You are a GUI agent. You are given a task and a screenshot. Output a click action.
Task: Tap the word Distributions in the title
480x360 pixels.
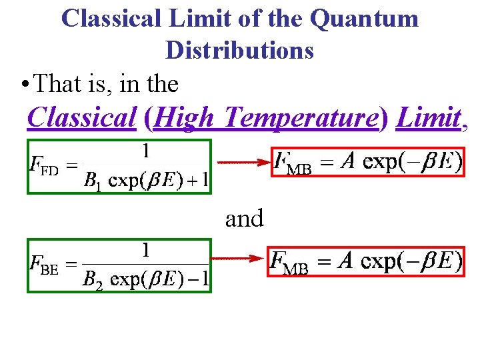239,50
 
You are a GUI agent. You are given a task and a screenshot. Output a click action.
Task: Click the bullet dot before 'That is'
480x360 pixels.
23,85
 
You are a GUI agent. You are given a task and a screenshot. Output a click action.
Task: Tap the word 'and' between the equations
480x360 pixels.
244,218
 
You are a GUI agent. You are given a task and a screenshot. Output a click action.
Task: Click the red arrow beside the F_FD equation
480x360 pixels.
239,161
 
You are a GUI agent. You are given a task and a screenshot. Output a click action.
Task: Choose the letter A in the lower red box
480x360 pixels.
345,259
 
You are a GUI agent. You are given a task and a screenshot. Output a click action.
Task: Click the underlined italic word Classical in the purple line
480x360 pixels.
82,118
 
